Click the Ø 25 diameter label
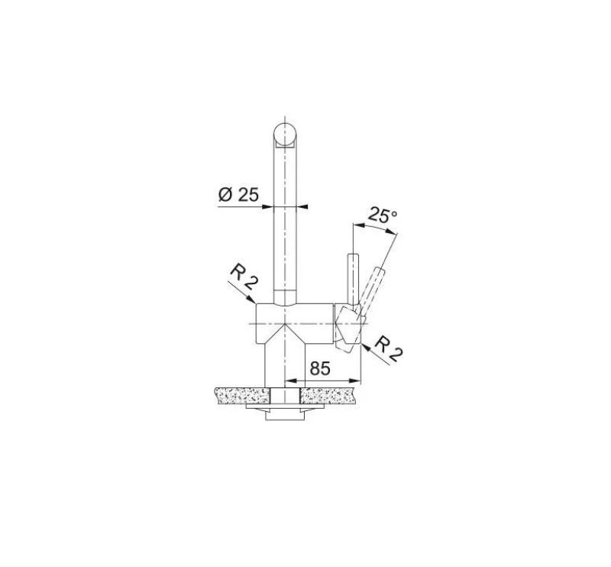[x=238, y=195]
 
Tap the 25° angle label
[x=383, y=215]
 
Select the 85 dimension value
[x=320, y=368]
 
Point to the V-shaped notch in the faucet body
[x=284, y=329]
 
